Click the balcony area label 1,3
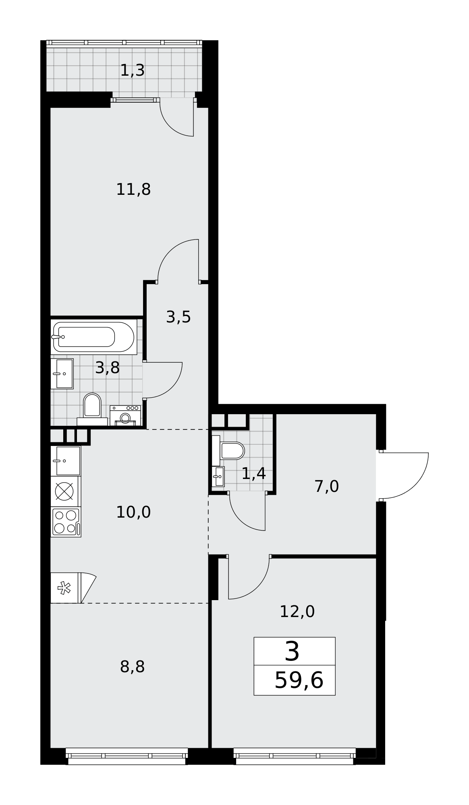(x=133, y=70)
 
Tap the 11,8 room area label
(x=133, y=189)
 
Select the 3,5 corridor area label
(x=178, y=317)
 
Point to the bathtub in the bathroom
(x=93, y=337)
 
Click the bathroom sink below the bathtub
(x=62, y=374)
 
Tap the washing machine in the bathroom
(x=125, y=415)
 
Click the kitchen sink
(x=66, y=461)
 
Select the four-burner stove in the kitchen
(x=66, y=522)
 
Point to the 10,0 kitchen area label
(x=133, y=512)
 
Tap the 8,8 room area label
(x=132, y=667)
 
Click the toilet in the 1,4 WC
(x=228, y=451)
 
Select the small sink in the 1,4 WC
(x=218, y=477)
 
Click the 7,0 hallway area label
(x=326, y=487)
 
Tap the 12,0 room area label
(x=297, y=612)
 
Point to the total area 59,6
(x=299, y=681)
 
